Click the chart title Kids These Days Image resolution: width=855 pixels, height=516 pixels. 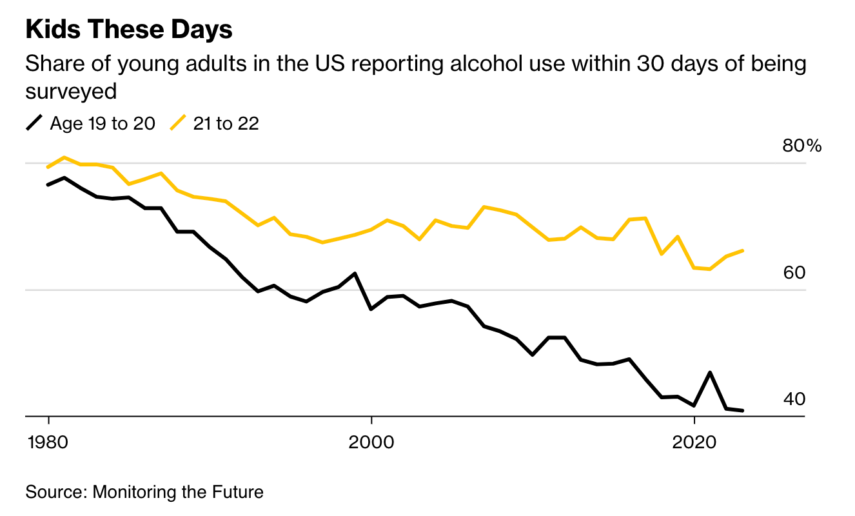(x=129, y=30)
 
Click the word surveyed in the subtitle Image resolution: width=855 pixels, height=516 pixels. (x=71, y=91)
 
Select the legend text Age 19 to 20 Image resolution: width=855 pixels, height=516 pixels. (x=103, y=123)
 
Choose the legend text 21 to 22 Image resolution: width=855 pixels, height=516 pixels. (x=225, y=123)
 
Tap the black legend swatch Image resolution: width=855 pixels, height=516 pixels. (x=35, y=123)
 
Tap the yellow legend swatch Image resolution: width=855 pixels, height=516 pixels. (x=178, y=123)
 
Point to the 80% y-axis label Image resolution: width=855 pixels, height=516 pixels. (x=802, y=146)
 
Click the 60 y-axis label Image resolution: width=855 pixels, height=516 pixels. (x=794, y=273)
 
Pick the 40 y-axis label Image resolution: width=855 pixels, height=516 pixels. (x=794, y=399)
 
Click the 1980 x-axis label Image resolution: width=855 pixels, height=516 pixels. (x=48, y=443)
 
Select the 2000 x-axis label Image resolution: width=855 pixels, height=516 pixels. (x=371, y=443)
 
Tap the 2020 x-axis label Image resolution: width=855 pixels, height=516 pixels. (x=694, y=443)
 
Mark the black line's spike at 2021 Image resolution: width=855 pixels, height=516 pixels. (x=710, y=373)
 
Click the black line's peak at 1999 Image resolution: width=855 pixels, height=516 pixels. (x=355, y=273)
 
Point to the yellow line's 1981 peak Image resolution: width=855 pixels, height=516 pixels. (x=64, y=157)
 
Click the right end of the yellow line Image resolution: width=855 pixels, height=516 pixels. (x=743, y=250)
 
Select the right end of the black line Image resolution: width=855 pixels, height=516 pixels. (x=743, y=410)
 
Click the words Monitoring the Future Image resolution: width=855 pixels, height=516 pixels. (x=178, y=492)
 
